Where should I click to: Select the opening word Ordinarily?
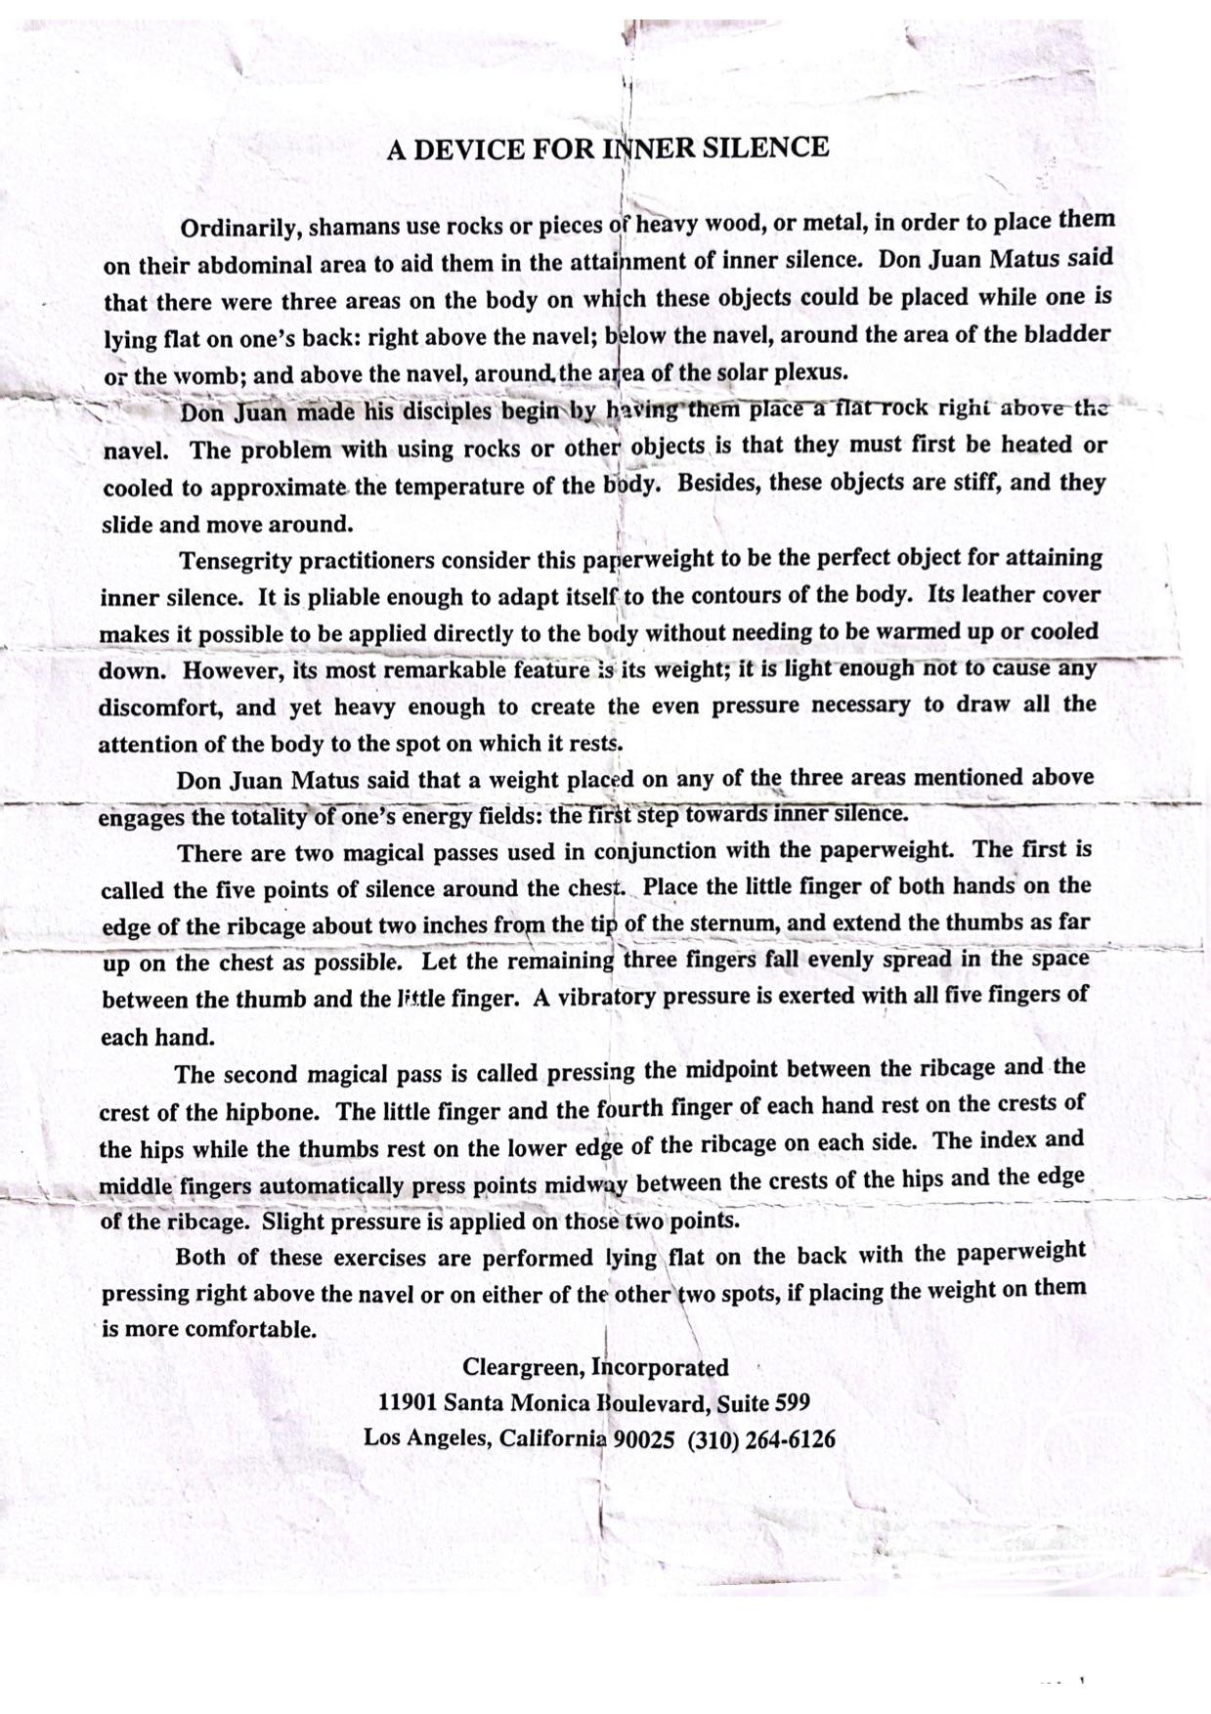point(240,229)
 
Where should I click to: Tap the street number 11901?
point(407,1403)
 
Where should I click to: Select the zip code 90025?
point(643,1439)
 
